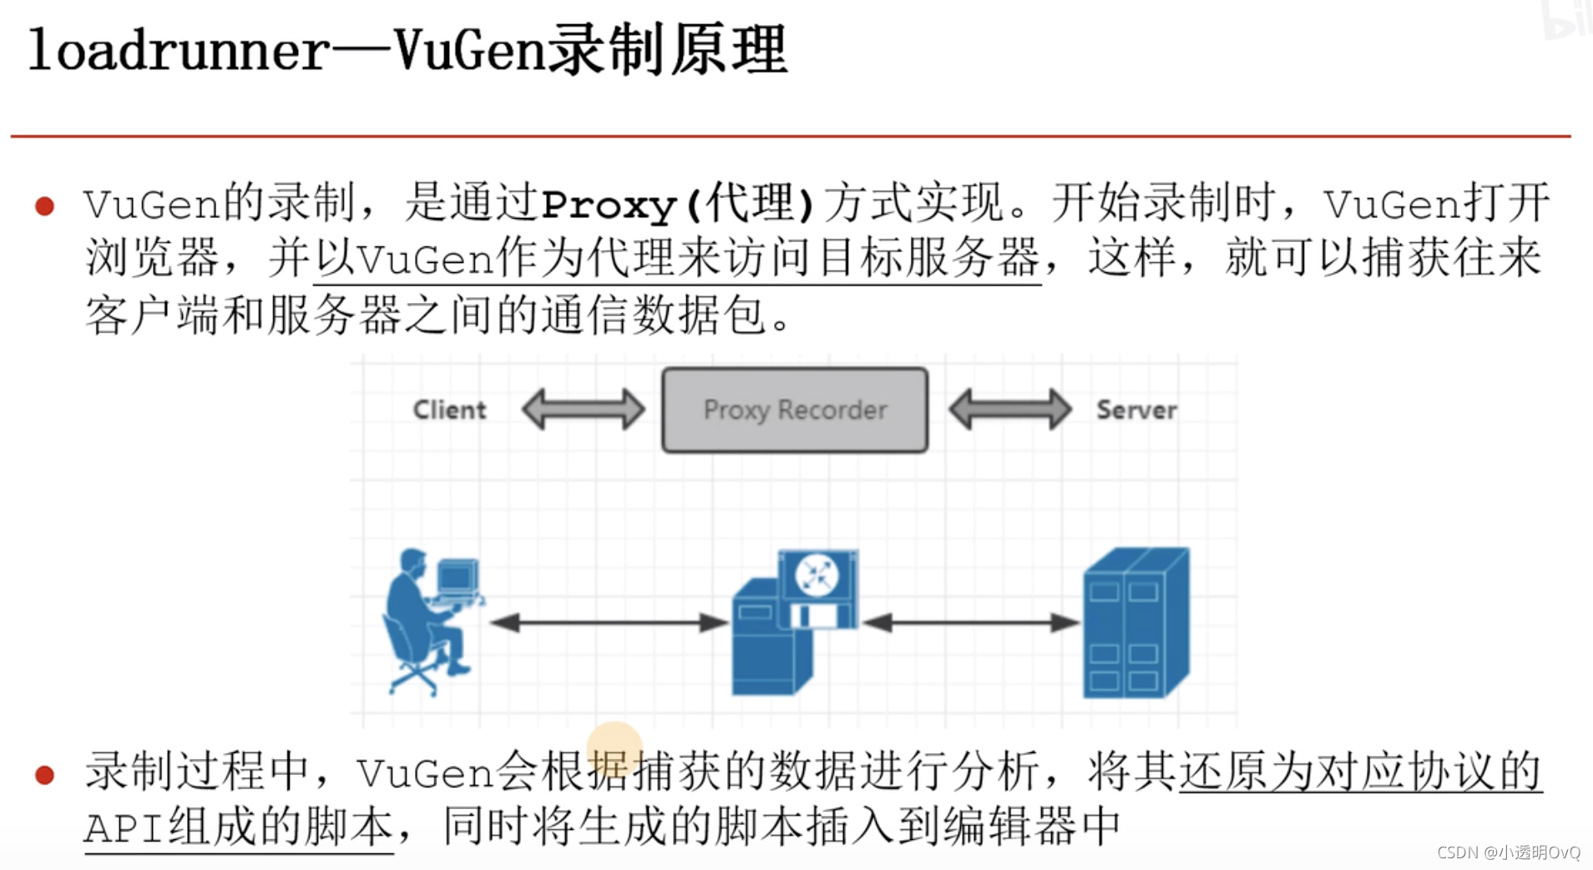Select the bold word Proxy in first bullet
608,205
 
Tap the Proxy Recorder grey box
794,410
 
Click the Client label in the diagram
449,410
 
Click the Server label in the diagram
1136,410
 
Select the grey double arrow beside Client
583,410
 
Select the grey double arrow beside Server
1010,410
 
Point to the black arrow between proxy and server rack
970,622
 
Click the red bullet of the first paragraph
45,206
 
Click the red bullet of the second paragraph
45,775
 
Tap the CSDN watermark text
1508,852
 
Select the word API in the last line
124,828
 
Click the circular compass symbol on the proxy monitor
817,574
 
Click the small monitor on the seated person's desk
458,576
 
